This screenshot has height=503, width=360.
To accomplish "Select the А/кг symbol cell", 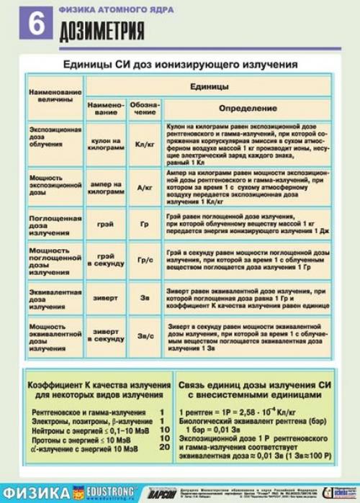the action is click(145, 186).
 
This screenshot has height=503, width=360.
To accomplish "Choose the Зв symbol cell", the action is click(145, 296).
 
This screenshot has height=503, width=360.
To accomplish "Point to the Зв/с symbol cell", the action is click(145, 335).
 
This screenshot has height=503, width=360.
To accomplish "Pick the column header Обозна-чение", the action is click(145, 108).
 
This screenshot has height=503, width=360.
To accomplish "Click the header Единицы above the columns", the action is click(210, 86).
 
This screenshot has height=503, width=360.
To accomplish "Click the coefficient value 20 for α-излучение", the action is click(164, 448).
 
